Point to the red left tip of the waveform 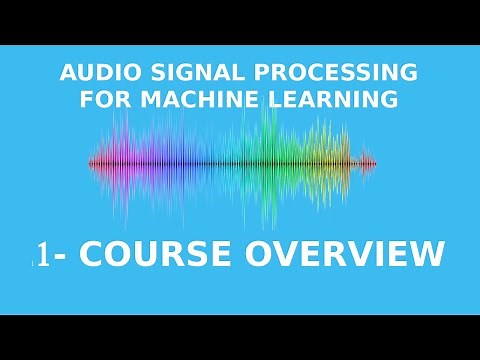[x=92, y=162]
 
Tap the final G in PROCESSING [x=409, y=73]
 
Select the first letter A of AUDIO [x=67, y=73]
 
